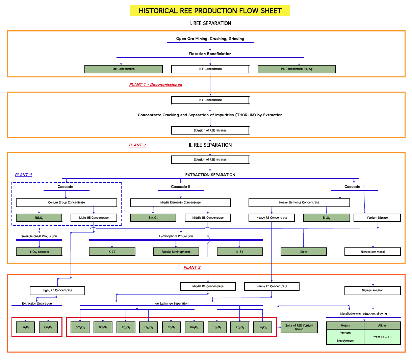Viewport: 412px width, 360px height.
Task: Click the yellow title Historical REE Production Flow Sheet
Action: [210, 11]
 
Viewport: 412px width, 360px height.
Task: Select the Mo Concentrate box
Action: [124, 69]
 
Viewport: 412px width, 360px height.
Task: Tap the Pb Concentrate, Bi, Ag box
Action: [297, 69]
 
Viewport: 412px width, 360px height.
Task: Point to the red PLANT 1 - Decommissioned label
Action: [156, 85]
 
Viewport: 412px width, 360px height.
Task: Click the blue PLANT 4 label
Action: [23, 175]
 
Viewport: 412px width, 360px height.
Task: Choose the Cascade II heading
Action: [180, 187]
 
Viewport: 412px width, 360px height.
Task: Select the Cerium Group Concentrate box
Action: [67, 202]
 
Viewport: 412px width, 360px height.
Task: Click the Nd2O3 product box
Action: [39, 218]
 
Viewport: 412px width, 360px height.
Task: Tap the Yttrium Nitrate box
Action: [377, 218]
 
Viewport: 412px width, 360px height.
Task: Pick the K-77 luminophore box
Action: [112, 252]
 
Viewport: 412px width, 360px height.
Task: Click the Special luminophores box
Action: [176, 252]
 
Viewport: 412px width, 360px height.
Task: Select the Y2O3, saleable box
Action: [39, 252]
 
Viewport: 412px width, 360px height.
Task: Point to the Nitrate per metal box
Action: [372, 252]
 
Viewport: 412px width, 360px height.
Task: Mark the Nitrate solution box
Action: [372, 290]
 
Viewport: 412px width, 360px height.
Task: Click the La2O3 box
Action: [25, 327]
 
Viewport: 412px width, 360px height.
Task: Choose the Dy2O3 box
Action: [149, 327]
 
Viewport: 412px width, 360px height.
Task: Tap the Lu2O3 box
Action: [263, 327]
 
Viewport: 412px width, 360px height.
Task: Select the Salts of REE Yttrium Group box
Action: [299, 327]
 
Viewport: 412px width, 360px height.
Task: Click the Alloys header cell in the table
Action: [382, 326]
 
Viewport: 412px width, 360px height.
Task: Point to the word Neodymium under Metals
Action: [345, 341]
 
